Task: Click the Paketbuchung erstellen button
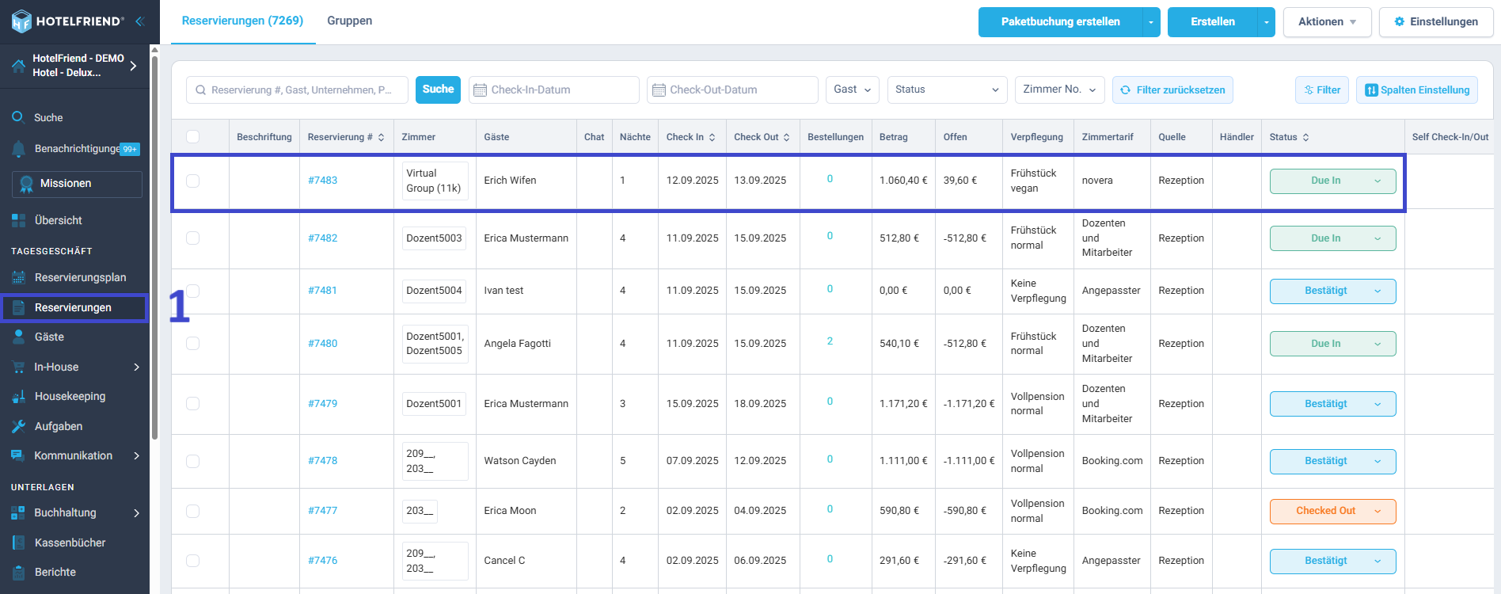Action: [1060, 22]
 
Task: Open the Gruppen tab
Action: [349, 21]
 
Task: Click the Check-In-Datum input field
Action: [553, 89]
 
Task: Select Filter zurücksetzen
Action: [1172, 89]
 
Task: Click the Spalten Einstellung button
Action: [1416, 89]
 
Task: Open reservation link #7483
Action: [322, 181]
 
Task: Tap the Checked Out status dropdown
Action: [1332, 511]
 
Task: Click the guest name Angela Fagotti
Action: [517, 344]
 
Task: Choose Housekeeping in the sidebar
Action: [70, 396]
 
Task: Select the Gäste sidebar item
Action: [49, 337]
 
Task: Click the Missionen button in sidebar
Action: [77, 184]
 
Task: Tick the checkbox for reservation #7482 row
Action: [192, 238]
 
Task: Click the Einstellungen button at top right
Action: [1436, 22]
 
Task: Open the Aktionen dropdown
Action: [1327, 22]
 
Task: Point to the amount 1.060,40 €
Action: [903, 181]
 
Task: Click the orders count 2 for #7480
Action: [830, 341]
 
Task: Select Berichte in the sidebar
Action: [55, 572]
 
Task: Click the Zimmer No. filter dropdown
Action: [1059, 89]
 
